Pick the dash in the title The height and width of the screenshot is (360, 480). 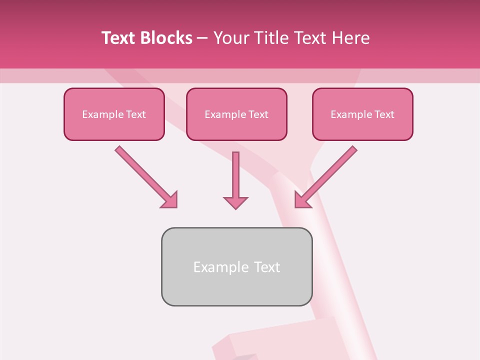[x=202, y=38]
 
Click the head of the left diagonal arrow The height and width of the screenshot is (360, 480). [x=170, y=200]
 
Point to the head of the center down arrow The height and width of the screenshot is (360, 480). [x=235, y=202]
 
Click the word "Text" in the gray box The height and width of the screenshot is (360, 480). [x=267, y=267]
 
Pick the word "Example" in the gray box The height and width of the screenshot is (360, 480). [x=221, y=267]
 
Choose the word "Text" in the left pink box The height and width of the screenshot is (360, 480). [x=136, y=114]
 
